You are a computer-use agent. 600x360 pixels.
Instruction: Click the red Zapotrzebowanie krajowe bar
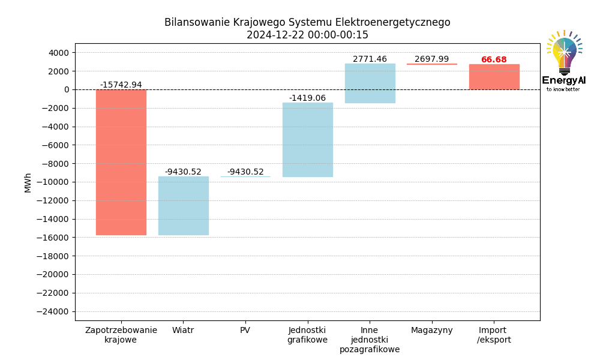[121, 162]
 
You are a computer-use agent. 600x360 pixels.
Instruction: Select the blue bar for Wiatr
[183, 205]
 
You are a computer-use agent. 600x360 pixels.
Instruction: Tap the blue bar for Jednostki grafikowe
[308, 139]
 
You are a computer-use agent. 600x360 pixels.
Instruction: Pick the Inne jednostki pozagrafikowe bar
[370, 83]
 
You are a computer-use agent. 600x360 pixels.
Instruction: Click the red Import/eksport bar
[494, 77]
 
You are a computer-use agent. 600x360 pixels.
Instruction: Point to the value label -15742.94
[121, 85]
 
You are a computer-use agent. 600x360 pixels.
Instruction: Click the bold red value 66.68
[494, 60]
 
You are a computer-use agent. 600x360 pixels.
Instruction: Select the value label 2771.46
[370, 59]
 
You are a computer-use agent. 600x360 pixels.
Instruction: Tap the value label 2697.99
[431, 59]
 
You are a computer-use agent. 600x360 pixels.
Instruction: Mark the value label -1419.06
[307, 98]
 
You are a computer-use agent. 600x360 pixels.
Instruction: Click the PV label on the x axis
[245, 330]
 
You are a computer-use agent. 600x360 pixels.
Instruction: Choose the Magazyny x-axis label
[431, 330]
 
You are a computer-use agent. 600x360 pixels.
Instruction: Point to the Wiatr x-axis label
[183, 330]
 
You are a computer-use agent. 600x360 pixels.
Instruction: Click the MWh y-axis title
[28, 182]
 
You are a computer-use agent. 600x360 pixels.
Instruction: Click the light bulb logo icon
[564, 53]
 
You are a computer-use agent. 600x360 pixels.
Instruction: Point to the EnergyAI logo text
[563, 80]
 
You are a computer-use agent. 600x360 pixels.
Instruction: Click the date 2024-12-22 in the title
[275, 35]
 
